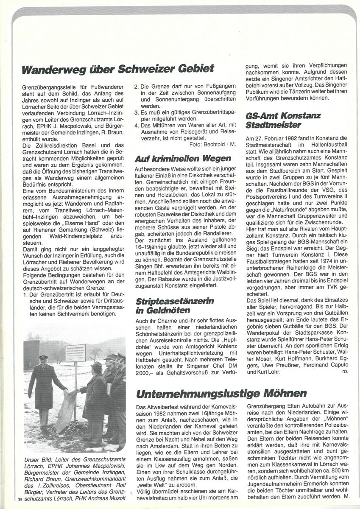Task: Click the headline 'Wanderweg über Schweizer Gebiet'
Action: tap(118, 68)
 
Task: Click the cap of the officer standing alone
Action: tap(43, 358)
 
